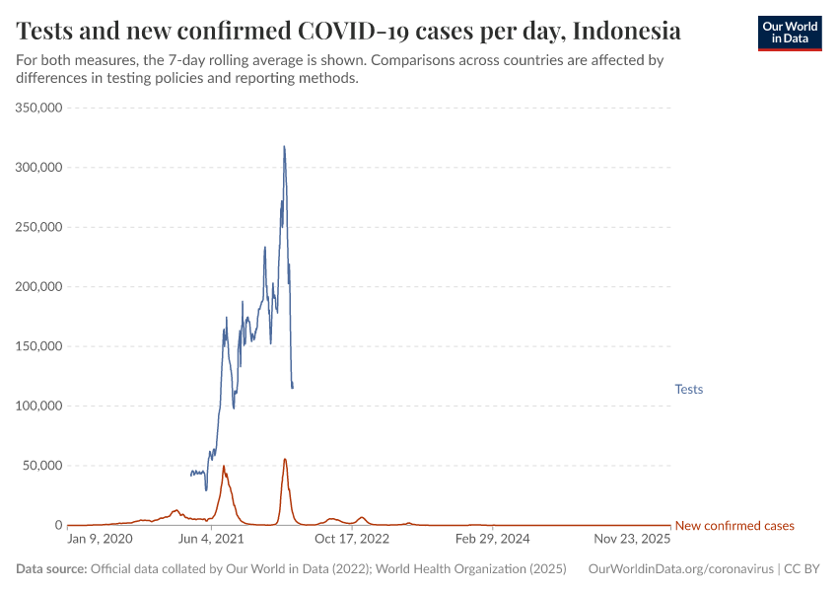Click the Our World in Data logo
pyautogui.click(x=789, y=33)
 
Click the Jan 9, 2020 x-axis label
pyautogui.click(x=100, y=540)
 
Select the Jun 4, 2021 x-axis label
pyautogui.click(x=209, y=540)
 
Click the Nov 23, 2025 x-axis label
pyautogui.click(x=631, y=540)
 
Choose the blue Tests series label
pyautogui.click(x=688, y=390)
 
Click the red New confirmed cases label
pyautogui.click(x=733, y=526)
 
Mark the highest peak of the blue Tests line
pyautogui.click(x=284, y=147)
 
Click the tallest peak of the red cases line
pyautogui.click(x=285, y=459)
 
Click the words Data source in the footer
pyautogui.click(x=51, y=569)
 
